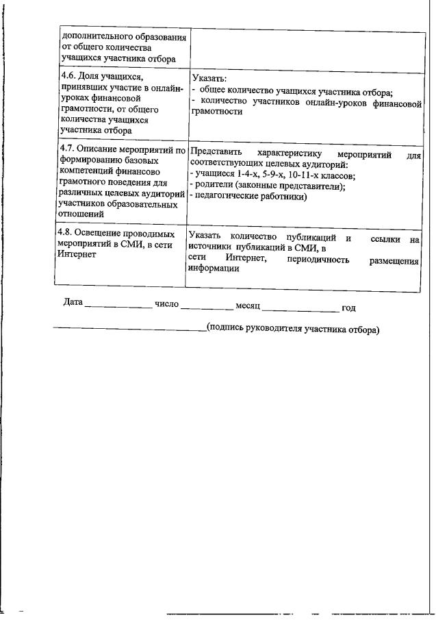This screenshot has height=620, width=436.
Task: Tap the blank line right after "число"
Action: tap(207, 306)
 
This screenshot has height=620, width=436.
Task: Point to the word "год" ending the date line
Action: tap(349, 307)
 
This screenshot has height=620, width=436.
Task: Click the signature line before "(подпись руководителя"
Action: tap(130, 330)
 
